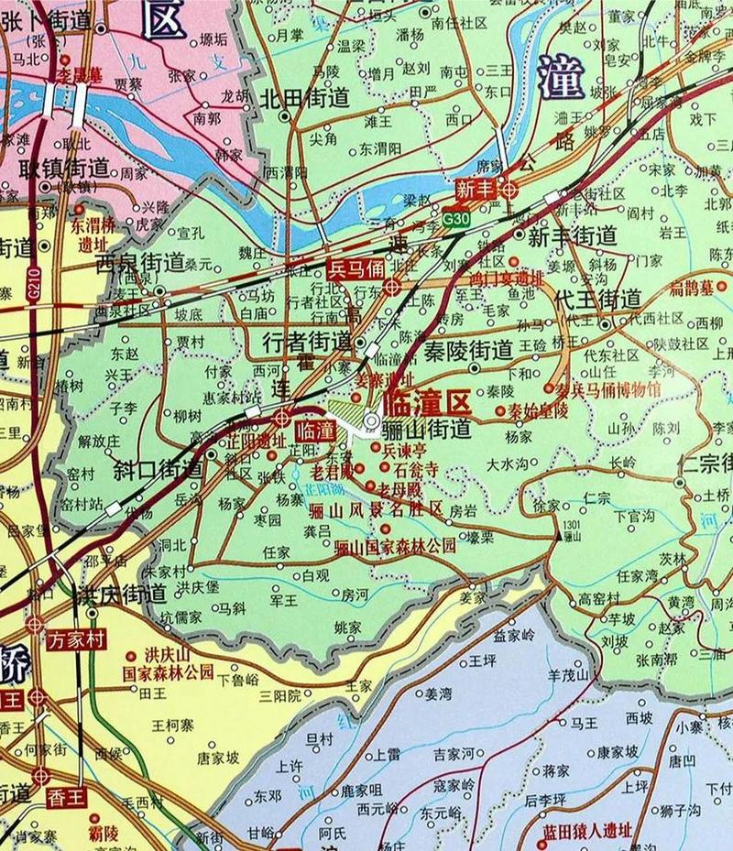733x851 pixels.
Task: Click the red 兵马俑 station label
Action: point(356,268)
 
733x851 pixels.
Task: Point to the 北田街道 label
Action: point(305,99)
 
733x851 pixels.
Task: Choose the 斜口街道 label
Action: point(157,470)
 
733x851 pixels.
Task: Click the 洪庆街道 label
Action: point(121,593)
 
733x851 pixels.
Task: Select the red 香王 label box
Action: point(66,797)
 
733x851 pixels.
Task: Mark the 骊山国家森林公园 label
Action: point(395,547)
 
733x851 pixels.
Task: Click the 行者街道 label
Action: point(306,343)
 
